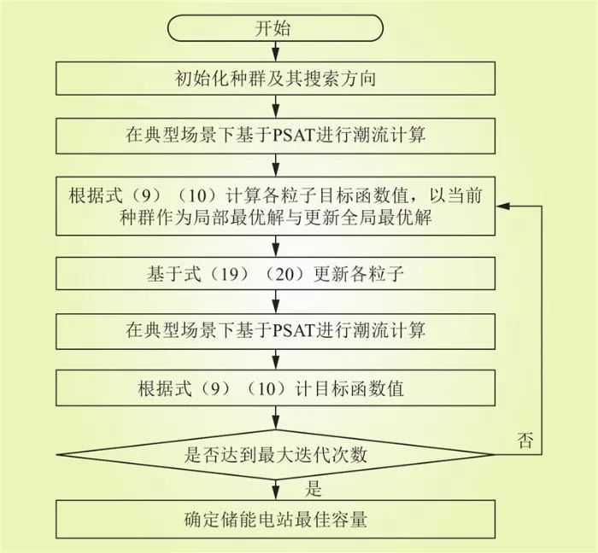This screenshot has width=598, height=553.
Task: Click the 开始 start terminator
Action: pos(275,28)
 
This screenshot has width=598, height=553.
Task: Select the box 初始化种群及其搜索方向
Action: pos(275,79)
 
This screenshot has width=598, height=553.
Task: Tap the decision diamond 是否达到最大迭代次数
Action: pos(275,454)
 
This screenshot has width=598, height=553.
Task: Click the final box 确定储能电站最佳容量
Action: pos(275,520)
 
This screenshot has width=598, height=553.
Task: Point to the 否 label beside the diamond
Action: pos(525,440)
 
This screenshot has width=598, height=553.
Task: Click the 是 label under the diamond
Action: pos(314,488)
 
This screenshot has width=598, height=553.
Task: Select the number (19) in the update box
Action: pos(230,274)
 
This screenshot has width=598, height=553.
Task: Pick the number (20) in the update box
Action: pos(285,274)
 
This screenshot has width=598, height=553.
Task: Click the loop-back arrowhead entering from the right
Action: pos(502,206)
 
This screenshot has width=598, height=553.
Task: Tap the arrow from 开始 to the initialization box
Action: pos(275,51)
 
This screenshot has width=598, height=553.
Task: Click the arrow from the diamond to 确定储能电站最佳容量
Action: pos(275,490)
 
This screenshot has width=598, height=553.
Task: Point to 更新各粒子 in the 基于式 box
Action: pos(359,274)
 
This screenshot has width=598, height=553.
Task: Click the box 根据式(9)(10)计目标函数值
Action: pos(275,388)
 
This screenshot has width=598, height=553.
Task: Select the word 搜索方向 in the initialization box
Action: pos(340,79)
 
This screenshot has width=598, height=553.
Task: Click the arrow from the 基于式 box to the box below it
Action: pos(275,301)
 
